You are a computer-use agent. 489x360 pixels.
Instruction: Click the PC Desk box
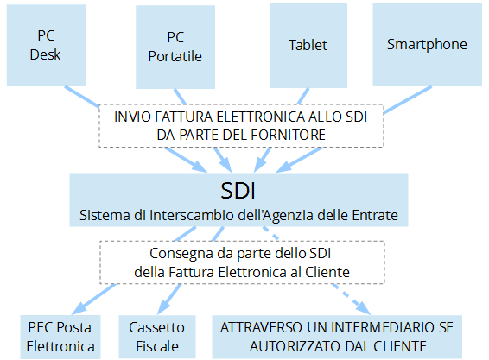tap(46, 45)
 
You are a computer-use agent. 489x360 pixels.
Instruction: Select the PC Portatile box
tap(175, 47)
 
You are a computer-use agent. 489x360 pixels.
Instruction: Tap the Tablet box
tap(308, 45)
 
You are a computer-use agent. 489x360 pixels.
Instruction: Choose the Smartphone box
tap(428, 44)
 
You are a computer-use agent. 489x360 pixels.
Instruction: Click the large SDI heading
tap(238, 191)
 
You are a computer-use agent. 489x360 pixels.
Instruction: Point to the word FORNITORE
tap(289, 135)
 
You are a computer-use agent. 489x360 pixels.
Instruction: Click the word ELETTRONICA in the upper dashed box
tap(260, 117)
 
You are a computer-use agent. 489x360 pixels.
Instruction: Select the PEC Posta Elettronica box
tap(60, 337)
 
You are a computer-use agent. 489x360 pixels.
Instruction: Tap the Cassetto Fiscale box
tap(157, 337)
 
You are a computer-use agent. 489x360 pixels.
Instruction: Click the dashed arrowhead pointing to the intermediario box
tap(364, 308)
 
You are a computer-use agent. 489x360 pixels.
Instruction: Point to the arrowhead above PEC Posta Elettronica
tap(79, 308)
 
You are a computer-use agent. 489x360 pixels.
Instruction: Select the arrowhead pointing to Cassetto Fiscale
tap(164, 307)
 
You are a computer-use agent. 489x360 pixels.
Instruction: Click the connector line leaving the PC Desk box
tap(82, 97)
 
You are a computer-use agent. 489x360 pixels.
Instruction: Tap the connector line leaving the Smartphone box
tap(408, 99)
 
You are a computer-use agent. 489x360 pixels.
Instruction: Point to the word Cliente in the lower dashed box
tap(327, 272)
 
